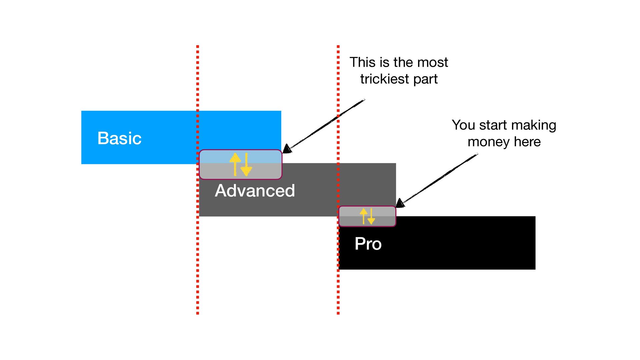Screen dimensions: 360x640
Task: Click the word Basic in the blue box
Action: click(x=119, y=138)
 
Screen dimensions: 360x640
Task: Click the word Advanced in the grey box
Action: click(x=255, y=191)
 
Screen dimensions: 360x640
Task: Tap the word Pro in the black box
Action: click(x=368, y=244)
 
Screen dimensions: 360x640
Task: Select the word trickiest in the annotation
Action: click(x=384, y=79)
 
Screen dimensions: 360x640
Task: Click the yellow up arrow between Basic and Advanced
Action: click(x=235, y=164)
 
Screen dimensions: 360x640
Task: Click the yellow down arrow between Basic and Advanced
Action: click(x=246, y=165)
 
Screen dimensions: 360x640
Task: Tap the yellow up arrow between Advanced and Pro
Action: click(x=364, y=216)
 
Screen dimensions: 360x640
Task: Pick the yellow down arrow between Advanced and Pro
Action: click(x=371, y=216)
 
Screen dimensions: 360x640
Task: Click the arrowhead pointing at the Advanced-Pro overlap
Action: click(x=400, y=203)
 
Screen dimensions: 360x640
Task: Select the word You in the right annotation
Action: click(x=463, y=125)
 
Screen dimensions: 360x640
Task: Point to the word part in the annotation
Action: click(x=425, y=79)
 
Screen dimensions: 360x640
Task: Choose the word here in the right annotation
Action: click(x=527, y=142)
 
